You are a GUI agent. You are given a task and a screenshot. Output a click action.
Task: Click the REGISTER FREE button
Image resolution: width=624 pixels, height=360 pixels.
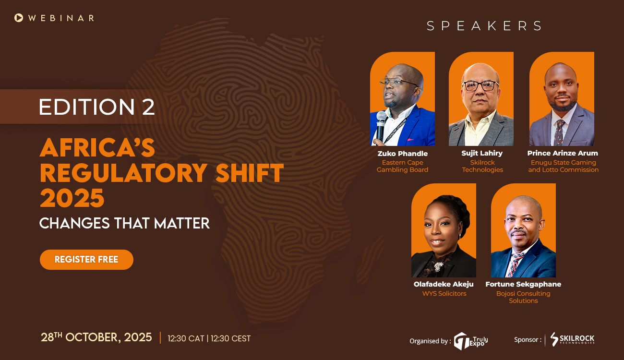coord(86,260)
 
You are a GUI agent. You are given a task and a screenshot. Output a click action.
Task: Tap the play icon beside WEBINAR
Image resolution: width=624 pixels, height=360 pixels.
coord(19,18)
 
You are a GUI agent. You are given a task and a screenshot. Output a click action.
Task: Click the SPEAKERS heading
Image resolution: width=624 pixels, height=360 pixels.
coord(484,26)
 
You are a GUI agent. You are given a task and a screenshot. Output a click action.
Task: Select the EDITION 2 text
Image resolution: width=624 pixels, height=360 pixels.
coord(97,107)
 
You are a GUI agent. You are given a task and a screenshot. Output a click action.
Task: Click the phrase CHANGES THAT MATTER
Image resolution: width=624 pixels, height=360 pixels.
coord(124,223)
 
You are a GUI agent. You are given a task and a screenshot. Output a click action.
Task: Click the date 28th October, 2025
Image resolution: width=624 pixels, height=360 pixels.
coord(96,337)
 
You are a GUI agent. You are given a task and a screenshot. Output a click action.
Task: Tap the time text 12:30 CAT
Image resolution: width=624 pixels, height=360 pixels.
coord(186,338)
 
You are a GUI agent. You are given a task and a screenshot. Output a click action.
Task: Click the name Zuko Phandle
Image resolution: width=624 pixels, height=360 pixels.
coord(402,154)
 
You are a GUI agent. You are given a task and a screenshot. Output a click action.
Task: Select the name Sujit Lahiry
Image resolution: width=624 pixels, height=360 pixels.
coord(482,154)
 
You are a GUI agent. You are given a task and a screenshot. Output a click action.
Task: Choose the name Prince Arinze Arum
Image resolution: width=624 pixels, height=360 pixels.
coord(563,154)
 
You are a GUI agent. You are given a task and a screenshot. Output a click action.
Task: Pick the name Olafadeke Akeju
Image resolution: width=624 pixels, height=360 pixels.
coord(444,284)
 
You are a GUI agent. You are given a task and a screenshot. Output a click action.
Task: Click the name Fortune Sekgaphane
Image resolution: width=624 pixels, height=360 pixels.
coord(523,284)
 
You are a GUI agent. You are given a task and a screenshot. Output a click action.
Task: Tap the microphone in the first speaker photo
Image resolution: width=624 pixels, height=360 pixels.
coord(381,126)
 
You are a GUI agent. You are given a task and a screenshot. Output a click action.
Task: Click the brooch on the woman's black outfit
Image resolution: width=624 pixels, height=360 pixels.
coord(438,266)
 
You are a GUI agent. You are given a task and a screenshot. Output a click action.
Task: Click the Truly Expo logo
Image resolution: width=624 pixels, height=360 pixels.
coord(471,340)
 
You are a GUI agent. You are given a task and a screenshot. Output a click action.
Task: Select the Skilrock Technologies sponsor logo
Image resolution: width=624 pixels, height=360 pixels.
coord(572,339)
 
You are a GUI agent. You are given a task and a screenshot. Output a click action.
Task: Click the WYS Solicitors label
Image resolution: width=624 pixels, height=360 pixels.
coord(444,293)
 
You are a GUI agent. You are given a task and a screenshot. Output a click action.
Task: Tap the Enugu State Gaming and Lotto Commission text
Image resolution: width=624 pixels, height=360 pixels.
coord(563,166)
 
